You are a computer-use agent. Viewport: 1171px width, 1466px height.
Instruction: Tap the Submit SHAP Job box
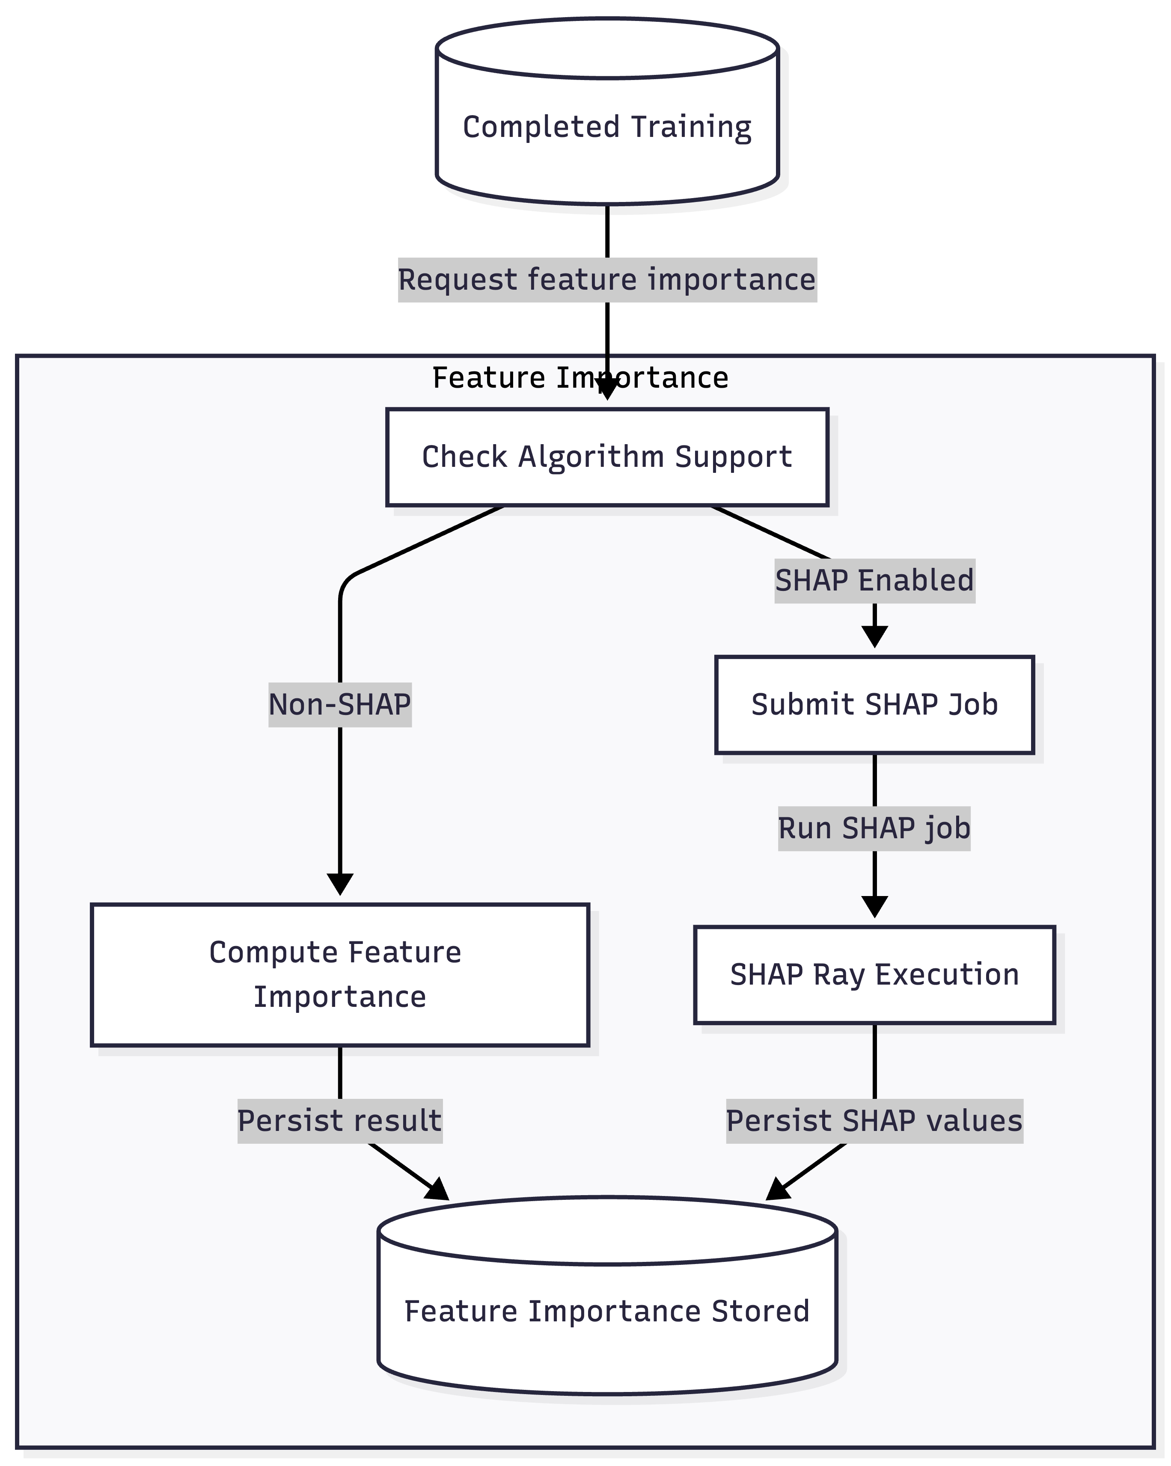point(874,704)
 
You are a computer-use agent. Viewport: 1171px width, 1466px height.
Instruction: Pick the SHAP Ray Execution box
point(874,974)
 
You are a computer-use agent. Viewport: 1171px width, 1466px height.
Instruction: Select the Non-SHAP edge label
point(339,704)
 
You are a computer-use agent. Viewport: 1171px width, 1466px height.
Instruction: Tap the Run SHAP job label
point(874,828)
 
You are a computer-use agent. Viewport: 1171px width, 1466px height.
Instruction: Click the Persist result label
point(339,1121)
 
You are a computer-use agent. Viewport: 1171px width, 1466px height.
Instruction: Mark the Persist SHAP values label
point(874,1121)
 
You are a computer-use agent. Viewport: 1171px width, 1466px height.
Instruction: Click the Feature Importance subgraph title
point(580,377)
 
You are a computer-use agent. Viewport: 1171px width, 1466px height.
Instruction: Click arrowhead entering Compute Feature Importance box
point(339,884)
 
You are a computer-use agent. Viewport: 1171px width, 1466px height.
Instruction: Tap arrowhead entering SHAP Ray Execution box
point(874,907)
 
